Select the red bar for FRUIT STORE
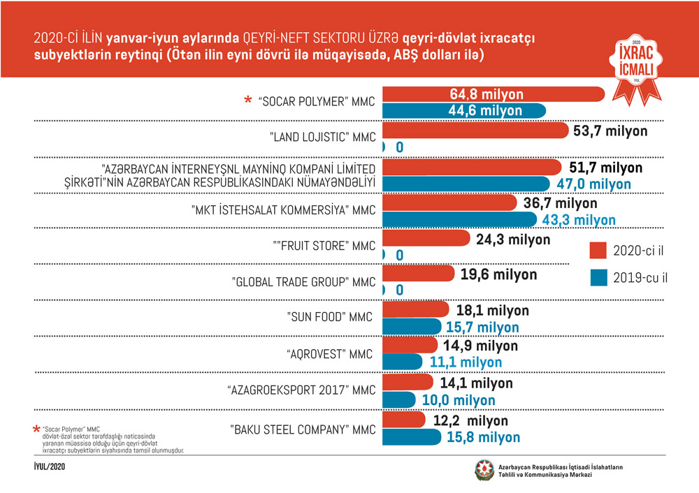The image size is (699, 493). [x=426, y=239]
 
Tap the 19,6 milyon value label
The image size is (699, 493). [x=499, y=274]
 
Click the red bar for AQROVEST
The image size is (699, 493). [x=410, y=346]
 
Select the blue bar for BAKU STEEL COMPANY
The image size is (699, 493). [x=412, y=436]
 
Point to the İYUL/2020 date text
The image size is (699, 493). [x=50, y=465]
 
